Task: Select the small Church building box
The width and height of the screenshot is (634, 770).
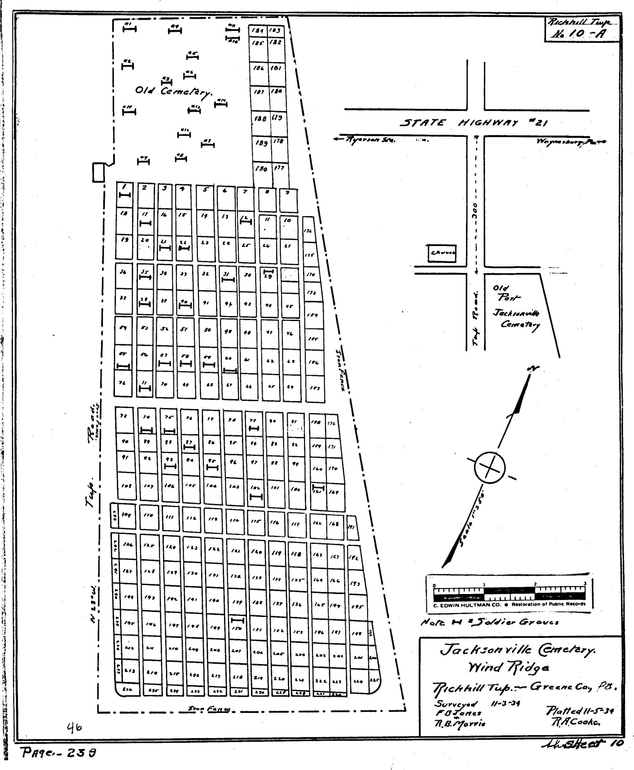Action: [442, 253]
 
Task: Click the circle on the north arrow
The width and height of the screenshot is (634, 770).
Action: [490, 467]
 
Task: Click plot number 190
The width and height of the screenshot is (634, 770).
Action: [262, 169]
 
